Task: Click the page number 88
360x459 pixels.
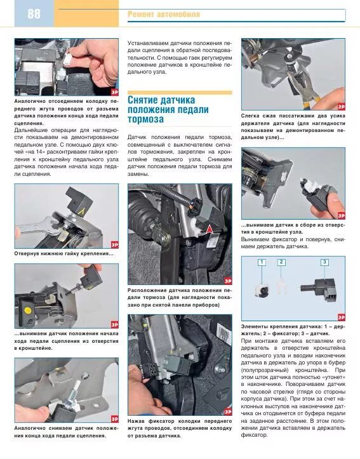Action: click(34, 14)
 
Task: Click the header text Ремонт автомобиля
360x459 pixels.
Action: click(164, 15)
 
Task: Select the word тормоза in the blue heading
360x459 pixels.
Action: click(145, 119)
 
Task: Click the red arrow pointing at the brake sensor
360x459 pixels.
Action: click(210, 230)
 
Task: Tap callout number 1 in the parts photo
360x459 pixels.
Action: click(262, 262)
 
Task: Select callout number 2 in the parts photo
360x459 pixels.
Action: click(281, 262)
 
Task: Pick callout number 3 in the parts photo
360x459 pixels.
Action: click(324, 262)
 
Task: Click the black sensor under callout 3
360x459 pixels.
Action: click(319, 289)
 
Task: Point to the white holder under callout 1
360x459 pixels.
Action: click(261, 289)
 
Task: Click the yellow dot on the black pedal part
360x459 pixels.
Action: click(28, 310)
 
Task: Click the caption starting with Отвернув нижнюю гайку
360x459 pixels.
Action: click(63, 253)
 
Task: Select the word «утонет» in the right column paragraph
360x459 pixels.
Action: click(334, 377)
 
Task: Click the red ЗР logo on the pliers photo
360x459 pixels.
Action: click(341, 106)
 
